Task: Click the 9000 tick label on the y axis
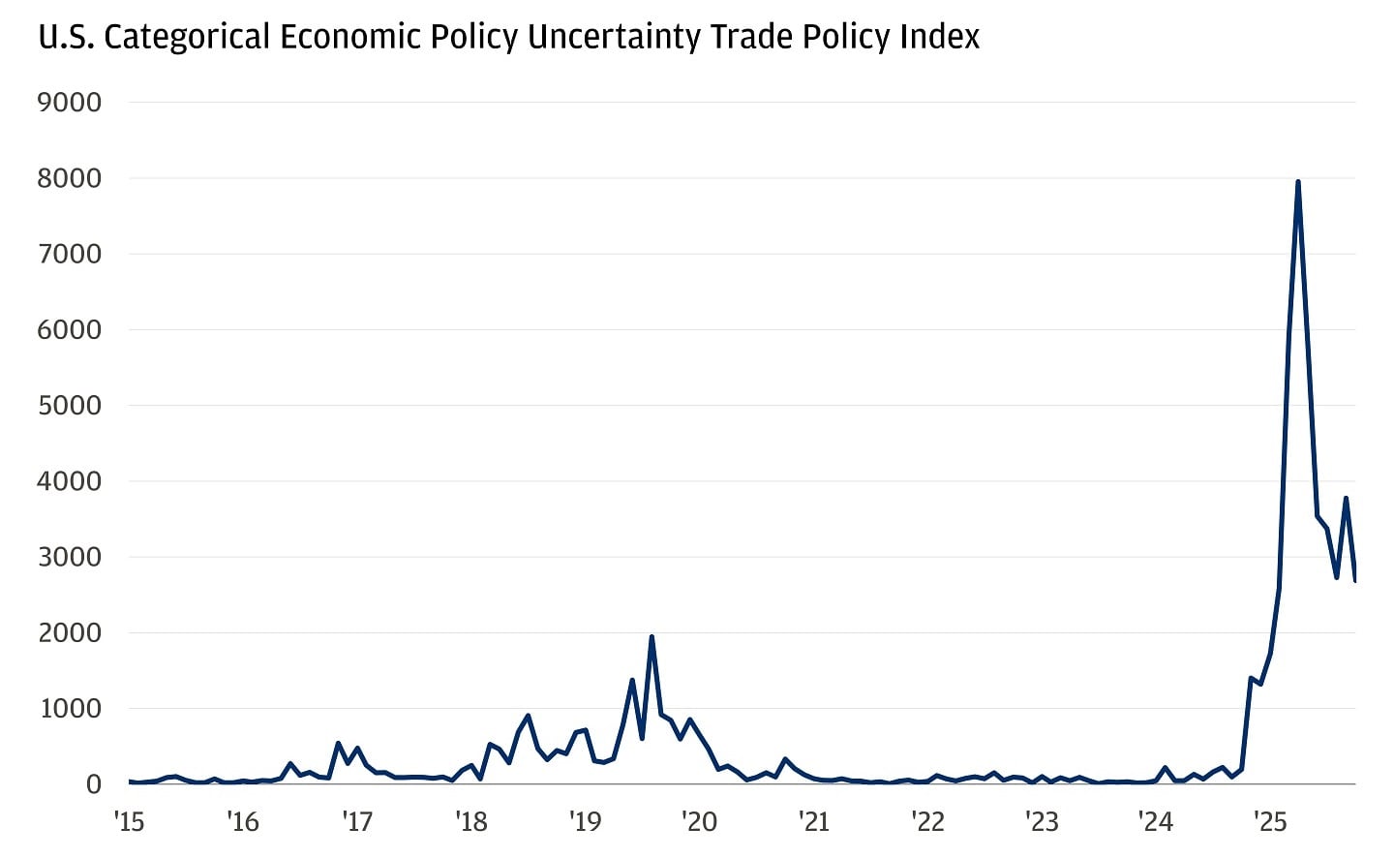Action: click(69, 103)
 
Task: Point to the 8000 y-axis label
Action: click(69, 178)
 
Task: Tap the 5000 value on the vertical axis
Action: click(69, 406)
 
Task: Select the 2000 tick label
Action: click(69, 633)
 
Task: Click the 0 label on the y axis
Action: click(93, 784)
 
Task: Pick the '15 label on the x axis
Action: click(129, 822)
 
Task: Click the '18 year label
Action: click(470, 822)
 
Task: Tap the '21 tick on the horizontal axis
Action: click(813, 822)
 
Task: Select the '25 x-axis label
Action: click(1269, 822)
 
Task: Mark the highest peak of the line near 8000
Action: click(1297, 182)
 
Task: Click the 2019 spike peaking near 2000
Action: click(652, 637)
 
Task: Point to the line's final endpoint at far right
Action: click(1354, 580)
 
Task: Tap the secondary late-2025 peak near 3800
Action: click(1346, 499)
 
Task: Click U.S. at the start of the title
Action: click(65, 38)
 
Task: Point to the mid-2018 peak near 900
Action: click(528, 716)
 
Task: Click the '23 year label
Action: click(1042, 822)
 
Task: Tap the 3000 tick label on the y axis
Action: click(69, 558)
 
